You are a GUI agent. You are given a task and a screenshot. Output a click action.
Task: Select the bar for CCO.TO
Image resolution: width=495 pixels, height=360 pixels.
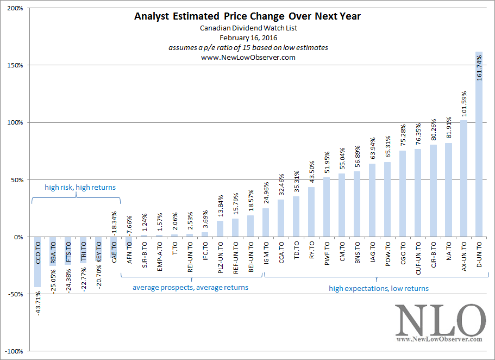coord(37,262)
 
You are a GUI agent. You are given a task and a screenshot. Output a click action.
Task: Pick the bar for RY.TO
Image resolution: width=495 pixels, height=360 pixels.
coord(311,212)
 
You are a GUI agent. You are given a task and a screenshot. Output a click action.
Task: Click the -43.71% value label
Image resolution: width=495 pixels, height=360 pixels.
coord(37,303)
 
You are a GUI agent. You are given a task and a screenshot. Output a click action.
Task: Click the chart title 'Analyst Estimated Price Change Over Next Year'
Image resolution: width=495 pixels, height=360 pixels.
coord(247,16)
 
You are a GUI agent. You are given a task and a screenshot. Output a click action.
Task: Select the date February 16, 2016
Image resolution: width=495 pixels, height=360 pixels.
coord(247,38)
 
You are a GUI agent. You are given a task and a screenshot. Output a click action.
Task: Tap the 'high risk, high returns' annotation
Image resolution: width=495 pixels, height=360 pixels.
coord(80,188)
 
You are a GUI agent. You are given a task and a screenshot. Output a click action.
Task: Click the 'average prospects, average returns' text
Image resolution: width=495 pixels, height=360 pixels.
coord(190,287)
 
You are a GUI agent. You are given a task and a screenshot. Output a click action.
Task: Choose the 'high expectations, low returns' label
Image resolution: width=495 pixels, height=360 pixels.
coord(379,288)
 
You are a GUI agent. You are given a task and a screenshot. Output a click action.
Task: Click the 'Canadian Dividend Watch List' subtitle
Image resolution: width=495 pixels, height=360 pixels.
coord(247,28)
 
